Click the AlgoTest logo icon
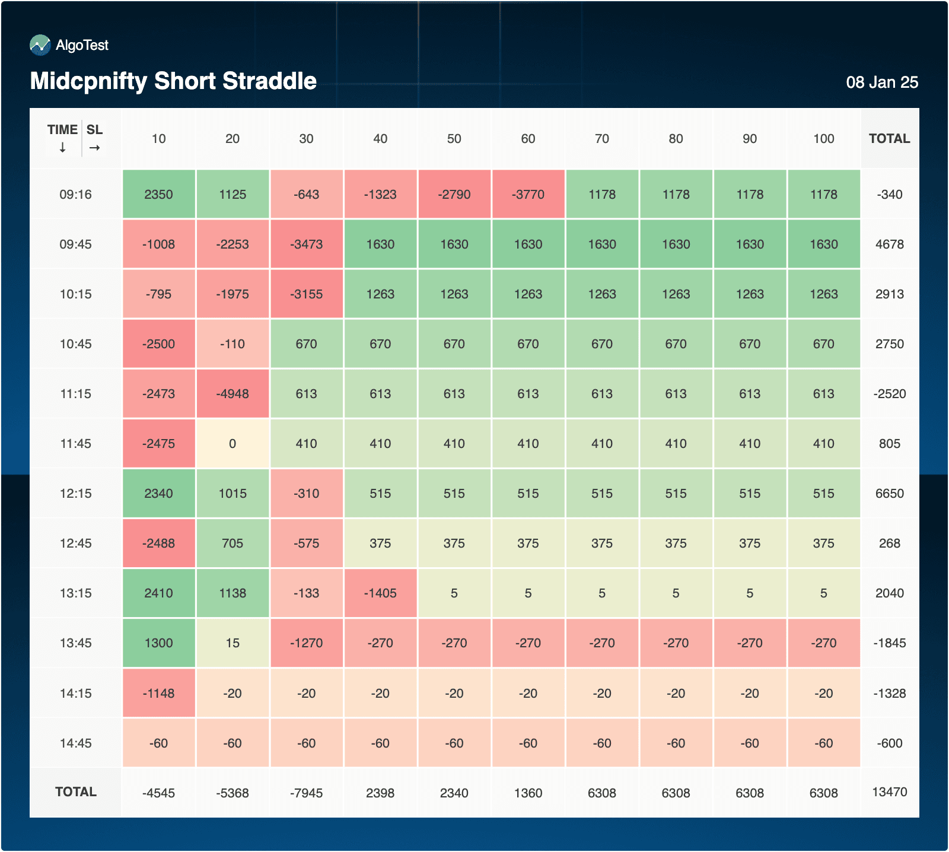click(x=40, y=45)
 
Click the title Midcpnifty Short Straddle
click(x=173, y=81)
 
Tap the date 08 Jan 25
click(x=881, y=82)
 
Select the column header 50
click(x=454, y=139)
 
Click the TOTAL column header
click(x=889, y=139)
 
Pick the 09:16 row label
click(x=76, y=195)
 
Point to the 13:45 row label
click(x=76, y=643)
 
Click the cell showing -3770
click(x=528, y=195)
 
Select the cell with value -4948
click(x=233, y=394)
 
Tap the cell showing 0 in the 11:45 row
click(x=233, y=444)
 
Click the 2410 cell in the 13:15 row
click(x=159, y=593)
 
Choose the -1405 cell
click(x=380, y=593)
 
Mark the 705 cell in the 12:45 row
click(x=233, y=543)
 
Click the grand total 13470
click(x=889, y=792)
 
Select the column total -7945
click(x=307, y=793)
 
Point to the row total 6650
click(x=889, y=494)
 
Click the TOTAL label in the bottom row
click(x=76, y=792)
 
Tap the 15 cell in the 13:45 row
click(x=233, y=643)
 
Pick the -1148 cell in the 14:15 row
click(x=159, y=694)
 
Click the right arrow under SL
click(x=95, y=148)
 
